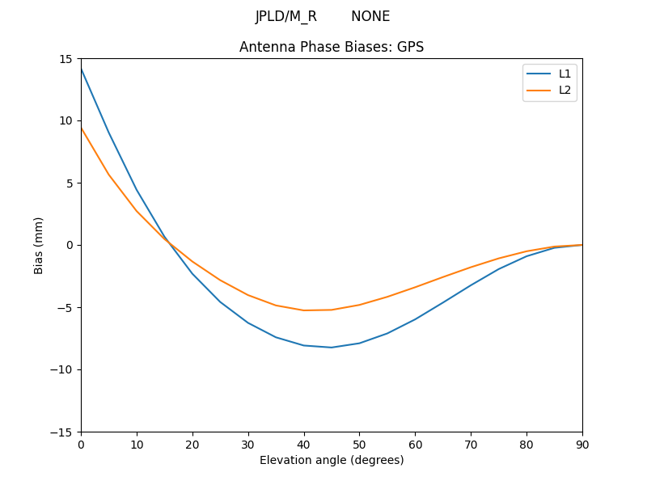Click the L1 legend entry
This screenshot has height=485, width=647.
pos(565,74)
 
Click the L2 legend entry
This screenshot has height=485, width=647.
pos(565,90)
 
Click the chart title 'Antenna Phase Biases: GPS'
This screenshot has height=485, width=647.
pos(332,47)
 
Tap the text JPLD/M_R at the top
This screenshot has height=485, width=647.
pos(286,16)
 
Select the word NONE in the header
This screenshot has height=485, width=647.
pos(370,16)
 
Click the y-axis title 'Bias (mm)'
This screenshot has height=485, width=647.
pos(39,245)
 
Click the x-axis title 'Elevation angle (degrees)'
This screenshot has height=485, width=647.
pos(332,460)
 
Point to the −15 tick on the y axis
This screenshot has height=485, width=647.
pos(61,432)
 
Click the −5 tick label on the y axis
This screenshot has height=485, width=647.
pos(65,307)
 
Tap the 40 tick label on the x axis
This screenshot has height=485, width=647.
pos(304,444)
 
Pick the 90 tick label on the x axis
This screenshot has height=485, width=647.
pos(581,444)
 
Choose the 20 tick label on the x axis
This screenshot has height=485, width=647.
pos(192,444)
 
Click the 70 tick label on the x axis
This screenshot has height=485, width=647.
pos(471,444)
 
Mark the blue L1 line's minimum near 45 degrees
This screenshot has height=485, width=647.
pos(332,348)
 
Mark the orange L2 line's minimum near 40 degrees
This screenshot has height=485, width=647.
pos(304,310)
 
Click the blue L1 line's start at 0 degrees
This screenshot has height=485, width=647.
pos(82,70)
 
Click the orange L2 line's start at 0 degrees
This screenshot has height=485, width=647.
pos(82,128)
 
